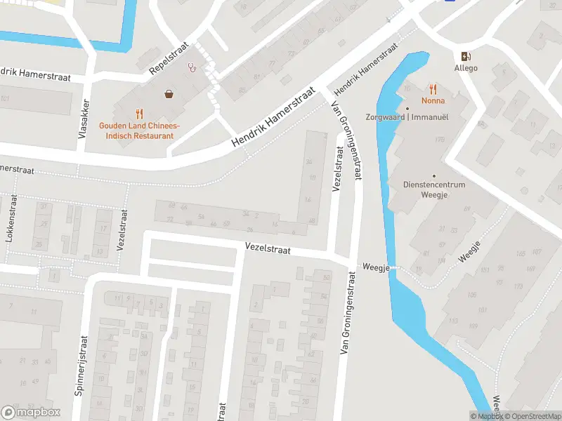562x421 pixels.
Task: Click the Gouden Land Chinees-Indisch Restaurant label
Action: [139, 130]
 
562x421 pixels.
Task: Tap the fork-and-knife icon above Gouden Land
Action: [139, 113]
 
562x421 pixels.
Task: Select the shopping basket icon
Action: [169, 93]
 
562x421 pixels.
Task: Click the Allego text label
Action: [465, 68]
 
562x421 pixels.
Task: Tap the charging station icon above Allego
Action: [465, 56]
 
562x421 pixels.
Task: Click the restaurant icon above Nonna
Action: [433, 89]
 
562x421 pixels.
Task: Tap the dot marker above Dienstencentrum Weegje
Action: [434, 176]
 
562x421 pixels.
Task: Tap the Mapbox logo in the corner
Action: [31, 412]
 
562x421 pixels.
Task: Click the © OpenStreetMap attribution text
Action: [530, 416]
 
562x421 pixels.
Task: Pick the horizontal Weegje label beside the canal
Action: [375, 267]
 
